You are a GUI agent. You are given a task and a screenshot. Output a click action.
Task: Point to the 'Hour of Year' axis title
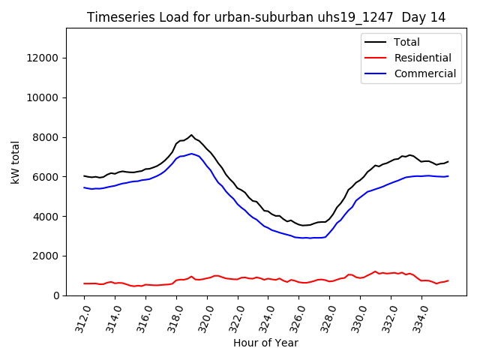[x=265, y=343]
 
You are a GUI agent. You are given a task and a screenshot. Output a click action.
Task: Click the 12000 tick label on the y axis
[x=42, y=58]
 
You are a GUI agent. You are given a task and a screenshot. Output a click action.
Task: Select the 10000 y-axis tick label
[x=42, y=97]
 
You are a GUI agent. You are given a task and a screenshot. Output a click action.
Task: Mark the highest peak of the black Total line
[x=191, y=135]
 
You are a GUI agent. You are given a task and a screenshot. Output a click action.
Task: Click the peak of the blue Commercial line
[x=191, y=154]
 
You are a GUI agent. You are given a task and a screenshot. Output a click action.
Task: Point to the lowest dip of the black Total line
[x=302, y=225]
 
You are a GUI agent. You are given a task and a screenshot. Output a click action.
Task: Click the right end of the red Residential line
[x=448, y=280]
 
